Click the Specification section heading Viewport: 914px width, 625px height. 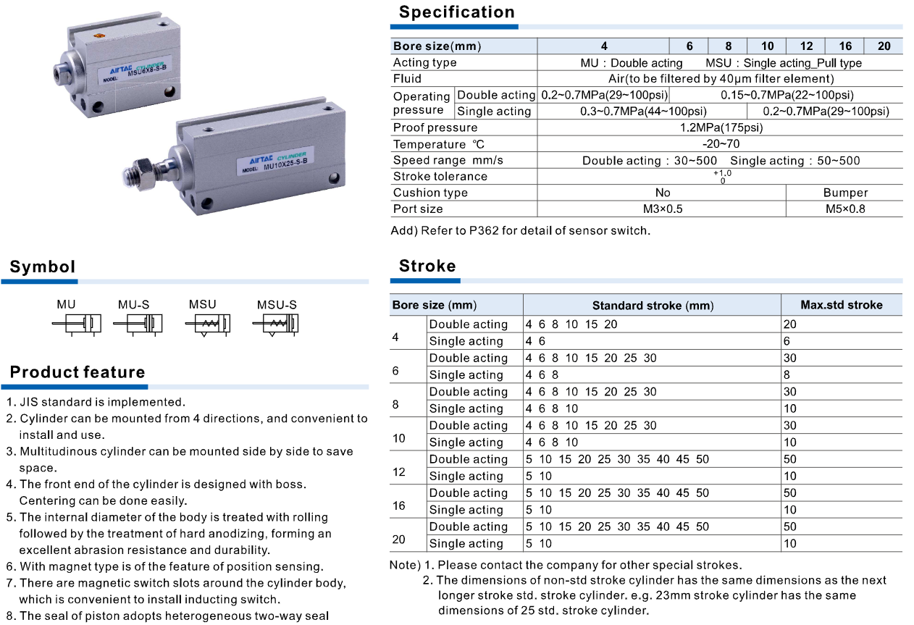coord(456,12)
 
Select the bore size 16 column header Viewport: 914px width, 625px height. coord(845,46)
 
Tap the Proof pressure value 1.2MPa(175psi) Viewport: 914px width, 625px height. coord(721,127)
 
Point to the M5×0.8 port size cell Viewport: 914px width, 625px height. coord(844,209)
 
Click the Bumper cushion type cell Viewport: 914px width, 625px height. coord(844,193)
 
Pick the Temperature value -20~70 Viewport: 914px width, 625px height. coord(721,144)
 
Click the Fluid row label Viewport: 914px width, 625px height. coord(407,78)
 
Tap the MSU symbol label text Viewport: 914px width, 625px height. coord(202,305)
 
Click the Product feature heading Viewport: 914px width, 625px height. coord(77,373)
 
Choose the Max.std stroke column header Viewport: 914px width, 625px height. coord(841,305)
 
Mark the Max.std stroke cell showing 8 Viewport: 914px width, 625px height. coord(787,375)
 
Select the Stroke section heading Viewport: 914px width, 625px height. coord(427,266)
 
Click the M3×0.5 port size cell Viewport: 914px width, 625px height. coord(662,209)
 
